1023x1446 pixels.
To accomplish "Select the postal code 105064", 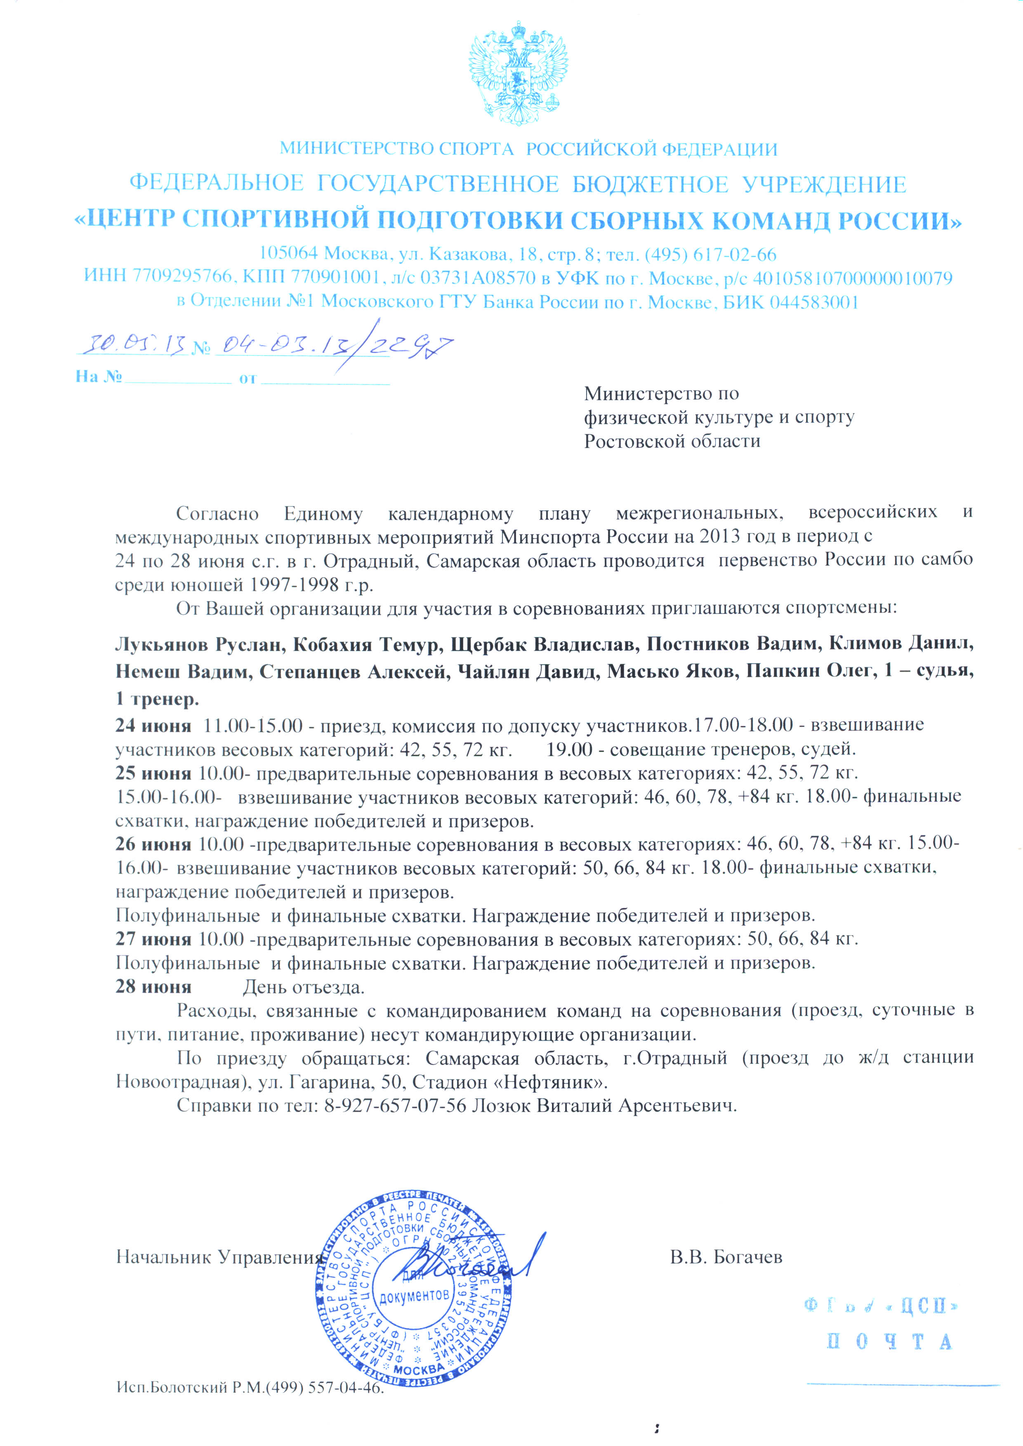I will (x=289, y=254).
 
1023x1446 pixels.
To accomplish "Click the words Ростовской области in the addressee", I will (x=672, y=441).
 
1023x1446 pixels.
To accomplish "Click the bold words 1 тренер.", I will (x=157, y=698).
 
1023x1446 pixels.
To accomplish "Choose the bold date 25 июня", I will (x=153, y=773).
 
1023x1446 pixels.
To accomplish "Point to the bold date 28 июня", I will (x=153, y=986).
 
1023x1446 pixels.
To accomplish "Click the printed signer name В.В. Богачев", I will (x=726, y=1258).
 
